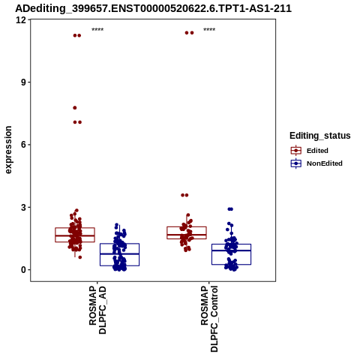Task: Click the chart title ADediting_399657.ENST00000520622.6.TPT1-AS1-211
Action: pos(153,8)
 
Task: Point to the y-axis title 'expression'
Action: pos(8,150)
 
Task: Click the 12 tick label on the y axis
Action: pos(21,19)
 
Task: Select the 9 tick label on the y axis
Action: pos(24,82)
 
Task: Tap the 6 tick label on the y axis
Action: pos(24,145)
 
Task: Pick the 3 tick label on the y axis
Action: pos(24,207)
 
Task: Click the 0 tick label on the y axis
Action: pos(24,270)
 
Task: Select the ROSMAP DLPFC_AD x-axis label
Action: pos(97,310)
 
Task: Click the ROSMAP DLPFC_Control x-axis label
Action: pos(209,319)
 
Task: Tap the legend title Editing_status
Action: pos(320,136)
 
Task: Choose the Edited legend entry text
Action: pos(317,151)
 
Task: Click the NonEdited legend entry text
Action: pos(325,163)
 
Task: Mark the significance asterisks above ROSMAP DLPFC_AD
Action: pos(97,29)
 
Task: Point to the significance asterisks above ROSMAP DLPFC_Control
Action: pos(209,29)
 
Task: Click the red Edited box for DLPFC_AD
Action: pos(75,228)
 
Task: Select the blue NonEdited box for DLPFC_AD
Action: pos(119,244)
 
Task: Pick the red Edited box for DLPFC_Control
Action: pos(187,226)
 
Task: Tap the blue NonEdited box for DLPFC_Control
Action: pos(231,244)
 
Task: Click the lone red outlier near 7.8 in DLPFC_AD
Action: pos(75,108)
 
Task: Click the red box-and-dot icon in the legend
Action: pos(296,151)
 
